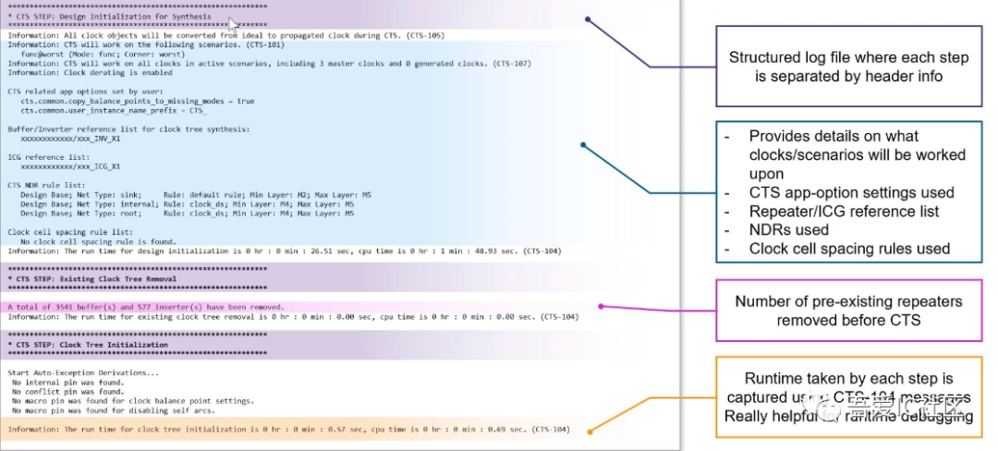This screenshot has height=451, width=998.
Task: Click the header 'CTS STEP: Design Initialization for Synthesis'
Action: coord(108,18)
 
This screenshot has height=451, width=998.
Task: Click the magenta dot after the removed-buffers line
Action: coord(601,306)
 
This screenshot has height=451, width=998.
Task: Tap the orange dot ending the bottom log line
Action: coord(588,430)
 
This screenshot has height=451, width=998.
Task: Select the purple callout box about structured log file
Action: coord(848,67)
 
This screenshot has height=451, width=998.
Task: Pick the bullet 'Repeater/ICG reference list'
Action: coord(844,211)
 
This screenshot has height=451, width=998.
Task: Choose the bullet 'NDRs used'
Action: coord(788,229)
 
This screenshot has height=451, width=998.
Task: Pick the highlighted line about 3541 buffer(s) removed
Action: coord(145,306)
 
